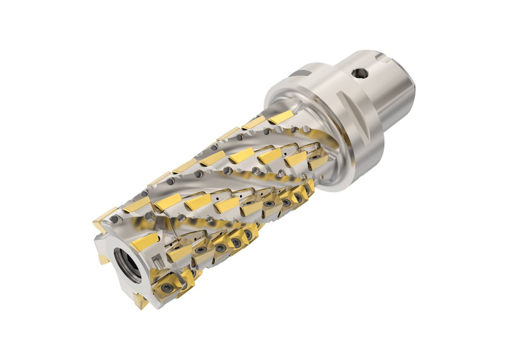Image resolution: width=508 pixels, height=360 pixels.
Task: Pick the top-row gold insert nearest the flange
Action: [281, 118]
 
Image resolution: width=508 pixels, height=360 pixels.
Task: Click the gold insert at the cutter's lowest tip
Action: [140, 301]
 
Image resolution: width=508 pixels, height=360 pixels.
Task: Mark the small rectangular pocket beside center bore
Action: [155, 258]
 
